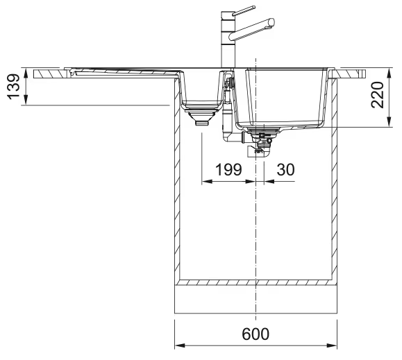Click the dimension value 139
[13, 87]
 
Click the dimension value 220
[378, 95]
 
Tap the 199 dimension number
[228, 169]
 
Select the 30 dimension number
[285, 169]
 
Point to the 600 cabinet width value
[256, 334]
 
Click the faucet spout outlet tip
[271, 22]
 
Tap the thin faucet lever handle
[244, 10]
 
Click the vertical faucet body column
[228, 40]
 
